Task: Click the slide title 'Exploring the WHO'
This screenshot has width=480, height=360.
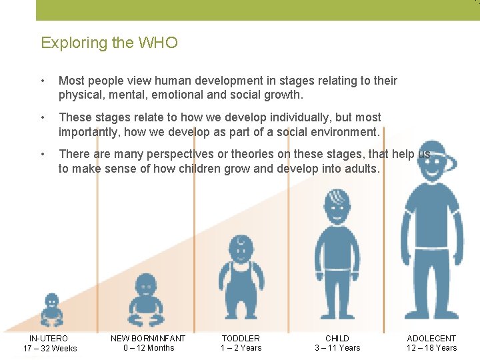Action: [109, 43]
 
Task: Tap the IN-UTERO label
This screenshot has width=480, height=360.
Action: [49, 339]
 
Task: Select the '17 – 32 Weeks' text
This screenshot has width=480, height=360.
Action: [50, 349]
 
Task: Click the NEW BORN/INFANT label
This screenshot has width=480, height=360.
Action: [148, 339]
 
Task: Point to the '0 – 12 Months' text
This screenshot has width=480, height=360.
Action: [148, 348]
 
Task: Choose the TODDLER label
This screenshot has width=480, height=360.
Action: [241, 339]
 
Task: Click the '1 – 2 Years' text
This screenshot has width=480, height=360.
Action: [241, 348]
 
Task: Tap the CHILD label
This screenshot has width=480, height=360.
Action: [337, 339]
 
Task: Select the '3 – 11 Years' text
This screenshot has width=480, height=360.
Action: [337, 348]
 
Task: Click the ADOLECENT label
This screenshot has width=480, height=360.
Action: [431, 339]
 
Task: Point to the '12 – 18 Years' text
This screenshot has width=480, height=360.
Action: [432, 348]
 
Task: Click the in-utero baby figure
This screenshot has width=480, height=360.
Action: [51, 309]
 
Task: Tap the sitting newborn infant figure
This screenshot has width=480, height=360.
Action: [145, 303]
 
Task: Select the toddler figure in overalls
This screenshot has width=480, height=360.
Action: [241, 280]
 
